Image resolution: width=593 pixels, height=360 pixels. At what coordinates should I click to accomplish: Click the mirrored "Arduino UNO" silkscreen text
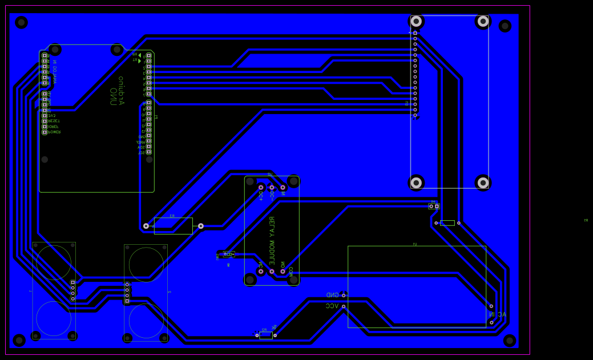tap(117, 91)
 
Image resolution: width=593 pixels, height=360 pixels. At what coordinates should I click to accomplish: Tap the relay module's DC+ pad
tap(261, 187)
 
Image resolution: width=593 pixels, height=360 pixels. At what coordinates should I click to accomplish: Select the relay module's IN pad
tap(283, 187)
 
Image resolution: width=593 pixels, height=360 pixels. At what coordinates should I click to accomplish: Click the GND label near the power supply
tap(332, 295)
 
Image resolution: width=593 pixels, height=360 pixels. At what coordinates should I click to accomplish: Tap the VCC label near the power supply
tap(332, 306)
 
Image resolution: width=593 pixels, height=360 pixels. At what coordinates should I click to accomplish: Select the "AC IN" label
tap(497, 314)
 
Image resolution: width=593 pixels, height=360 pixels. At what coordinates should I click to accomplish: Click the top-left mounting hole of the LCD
tap(416, 22)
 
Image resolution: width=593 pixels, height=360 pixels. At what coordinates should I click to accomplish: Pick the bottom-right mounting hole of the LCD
tap(483, 183)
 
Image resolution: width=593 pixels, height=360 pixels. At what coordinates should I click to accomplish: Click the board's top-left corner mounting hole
tap(22, 23)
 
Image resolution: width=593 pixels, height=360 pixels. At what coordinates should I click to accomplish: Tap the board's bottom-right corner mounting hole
tap(510, 341)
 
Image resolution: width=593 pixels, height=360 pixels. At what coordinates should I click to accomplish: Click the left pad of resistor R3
tap(146, 226)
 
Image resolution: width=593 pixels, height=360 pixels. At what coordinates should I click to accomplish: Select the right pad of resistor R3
tap(200, 226)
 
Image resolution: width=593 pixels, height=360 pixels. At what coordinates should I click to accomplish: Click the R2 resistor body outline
tap(266, 335)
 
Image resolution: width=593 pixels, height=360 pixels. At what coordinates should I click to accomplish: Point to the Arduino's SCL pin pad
tap(149, 152)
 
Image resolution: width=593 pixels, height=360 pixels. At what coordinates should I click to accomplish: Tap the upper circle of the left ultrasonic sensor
tap(54, 262)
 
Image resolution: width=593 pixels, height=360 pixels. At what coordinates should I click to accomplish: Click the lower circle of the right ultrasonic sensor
tap(146, 321)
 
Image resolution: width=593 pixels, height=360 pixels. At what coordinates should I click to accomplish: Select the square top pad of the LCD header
tap(415, 33)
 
